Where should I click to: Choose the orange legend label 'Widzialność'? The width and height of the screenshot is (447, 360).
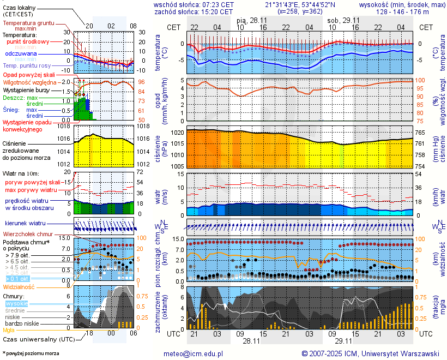pyautogui.click(x=19, y=286)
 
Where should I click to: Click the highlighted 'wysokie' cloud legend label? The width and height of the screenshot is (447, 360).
pyautogui.click(x=16, y=303)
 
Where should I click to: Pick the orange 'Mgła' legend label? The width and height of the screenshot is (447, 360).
pyautogui.click(x=9, y=330)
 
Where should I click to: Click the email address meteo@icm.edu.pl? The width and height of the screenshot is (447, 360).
pyautogui.click(x=194, y=353)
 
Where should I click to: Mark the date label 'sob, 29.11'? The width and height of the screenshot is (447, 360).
pyautogui.click(x=340, y=20)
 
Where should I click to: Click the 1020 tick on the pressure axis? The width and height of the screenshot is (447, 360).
pyautogui.click(x=177, y=133)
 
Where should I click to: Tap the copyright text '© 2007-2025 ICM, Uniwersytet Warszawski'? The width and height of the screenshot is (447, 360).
pyautogui.click(x=371, y=353)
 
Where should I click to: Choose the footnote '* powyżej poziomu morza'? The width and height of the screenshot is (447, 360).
pyautogui.click(x=31, y=353)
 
